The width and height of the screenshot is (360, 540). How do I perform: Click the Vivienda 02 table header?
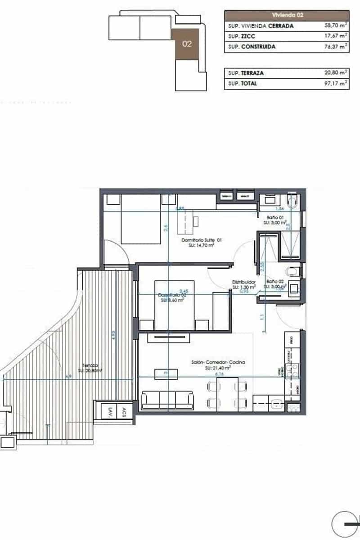pos(287,15)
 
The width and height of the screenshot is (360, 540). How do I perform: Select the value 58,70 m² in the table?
pos(335,26)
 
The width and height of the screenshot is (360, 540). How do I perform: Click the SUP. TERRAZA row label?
pos(246,73)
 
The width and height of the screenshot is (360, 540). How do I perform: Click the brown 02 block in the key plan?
pos(187,44)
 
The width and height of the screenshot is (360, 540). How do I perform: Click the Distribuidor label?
pos(244,282)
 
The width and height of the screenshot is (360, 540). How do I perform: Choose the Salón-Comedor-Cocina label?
pos(218,362)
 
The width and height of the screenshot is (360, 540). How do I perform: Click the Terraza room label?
pos(90,365)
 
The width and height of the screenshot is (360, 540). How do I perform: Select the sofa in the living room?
pos(167,400)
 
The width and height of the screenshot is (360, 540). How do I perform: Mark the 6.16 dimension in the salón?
pos(220,373)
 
